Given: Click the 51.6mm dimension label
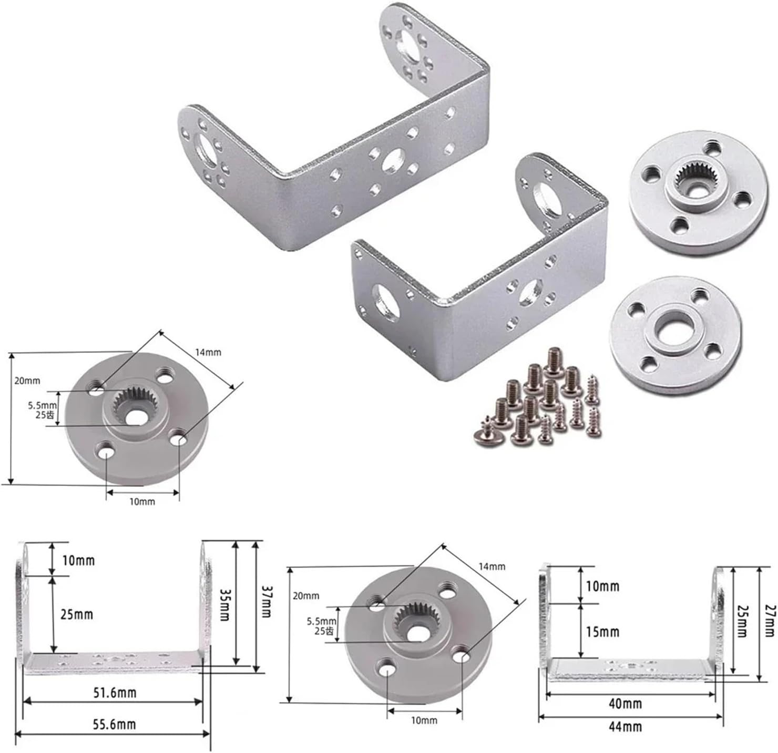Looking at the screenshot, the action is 115,693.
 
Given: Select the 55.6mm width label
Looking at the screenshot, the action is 115,724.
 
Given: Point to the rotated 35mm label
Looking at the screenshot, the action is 224,604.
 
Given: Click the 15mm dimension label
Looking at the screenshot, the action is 602,632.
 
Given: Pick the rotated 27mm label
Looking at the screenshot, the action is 770,621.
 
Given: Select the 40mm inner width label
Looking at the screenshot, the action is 625,704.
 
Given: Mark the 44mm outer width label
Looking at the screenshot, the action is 625,727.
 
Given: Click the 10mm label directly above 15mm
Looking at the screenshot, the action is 602,586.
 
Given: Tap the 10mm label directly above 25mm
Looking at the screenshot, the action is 78,561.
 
